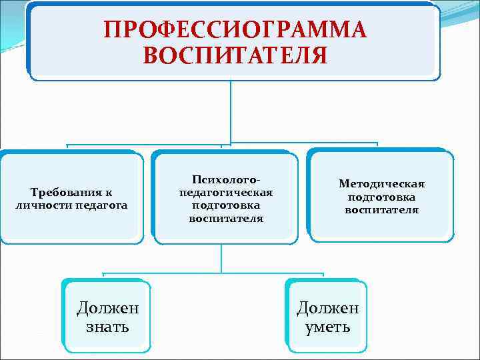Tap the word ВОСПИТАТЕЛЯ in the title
click(x=235, y=55)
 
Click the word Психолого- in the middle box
click(x=225, y=181)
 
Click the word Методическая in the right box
click(x=381, y=185)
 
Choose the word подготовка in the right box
click(x=381, y=197)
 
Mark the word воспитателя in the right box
click(x=381, y=210)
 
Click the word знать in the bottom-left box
click(x=107, y=327)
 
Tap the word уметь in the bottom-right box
click(x=327, y=327)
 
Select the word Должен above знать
click(x=107, y=308)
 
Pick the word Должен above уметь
click(x=327, y=308)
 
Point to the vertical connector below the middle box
click(x=222, y=257)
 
